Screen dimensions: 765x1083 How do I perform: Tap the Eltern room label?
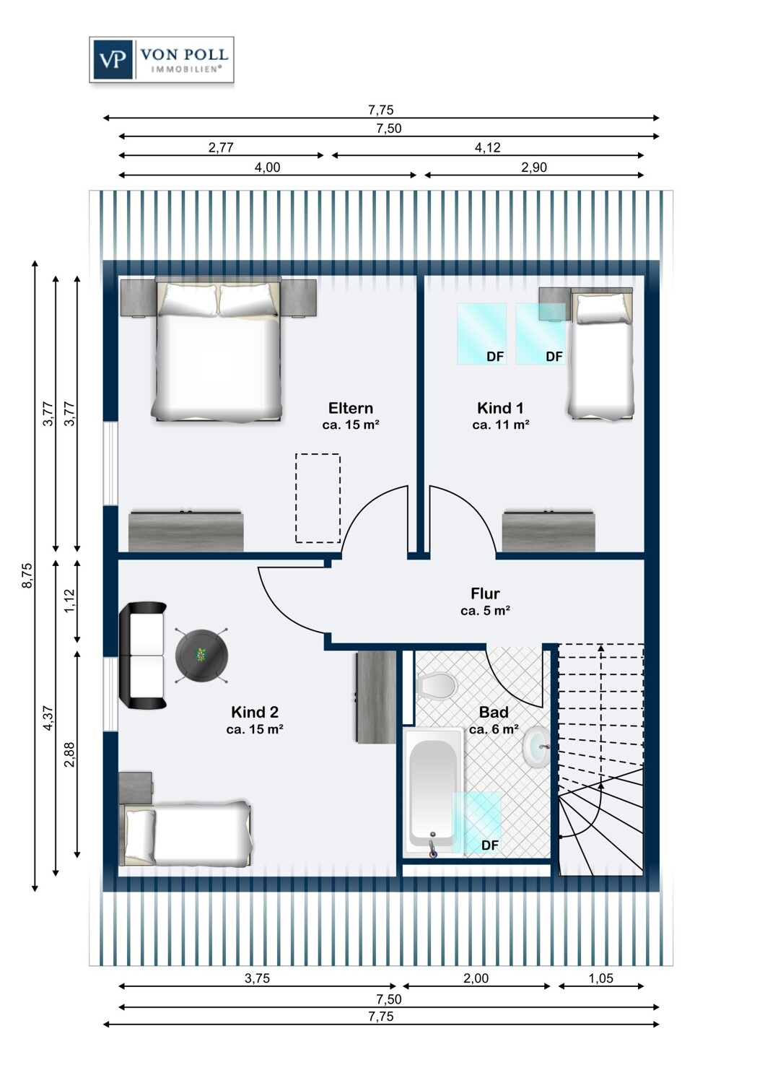click(x=350, y=408)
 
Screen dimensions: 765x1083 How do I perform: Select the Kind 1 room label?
click(x=500, y=408)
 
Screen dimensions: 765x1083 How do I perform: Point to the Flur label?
click(x=485, y=593)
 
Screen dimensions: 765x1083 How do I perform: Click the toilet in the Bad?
click(x=437, y=684)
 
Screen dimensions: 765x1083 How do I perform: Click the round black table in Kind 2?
click(x=201, y=655)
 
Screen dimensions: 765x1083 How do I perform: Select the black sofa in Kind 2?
click(x=143, y=655)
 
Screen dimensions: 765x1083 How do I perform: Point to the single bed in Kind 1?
click(x=601, y=353)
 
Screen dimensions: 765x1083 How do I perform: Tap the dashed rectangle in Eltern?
click(x=318, y=498)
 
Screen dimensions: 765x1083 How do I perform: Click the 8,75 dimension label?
click(x=27, y=575)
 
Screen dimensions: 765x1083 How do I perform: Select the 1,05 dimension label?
click(x=600, y=978)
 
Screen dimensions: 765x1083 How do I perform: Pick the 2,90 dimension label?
click(x=534, y=168)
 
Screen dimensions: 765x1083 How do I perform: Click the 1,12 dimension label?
click(x=69, y=601)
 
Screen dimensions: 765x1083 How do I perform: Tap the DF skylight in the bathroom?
click(x=476, y=823)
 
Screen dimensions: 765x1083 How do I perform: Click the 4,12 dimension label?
click(x=488, y=147)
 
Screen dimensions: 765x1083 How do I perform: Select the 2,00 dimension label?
click(x=476, y=978)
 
